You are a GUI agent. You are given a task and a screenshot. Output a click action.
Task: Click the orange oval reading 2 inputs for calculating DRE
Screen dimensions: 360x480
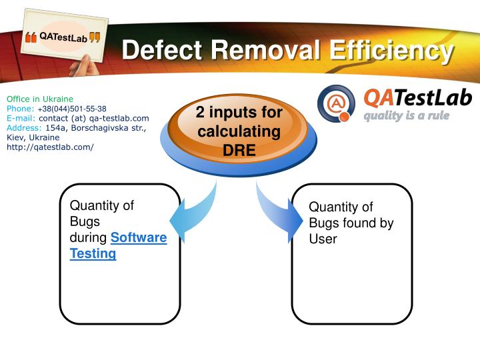(239, 131)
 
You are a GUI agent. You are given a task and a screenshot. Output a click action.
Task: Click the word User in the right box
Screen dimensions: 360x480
(323, 239)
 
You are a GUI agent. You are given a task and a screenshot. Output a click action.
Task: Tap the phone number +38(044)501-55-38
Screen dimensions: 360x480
(72, 109)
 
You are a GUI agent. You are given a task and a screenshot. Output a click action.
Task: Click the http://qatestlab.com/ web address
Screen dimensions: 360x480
(50, 147)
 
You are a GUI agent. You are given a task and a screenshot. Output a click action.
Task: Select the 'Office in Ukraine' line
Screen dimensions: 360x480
(40, 99)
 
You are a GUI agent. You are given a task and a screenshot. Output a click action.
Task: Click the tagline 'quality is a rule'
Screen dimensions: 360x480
(406, 115)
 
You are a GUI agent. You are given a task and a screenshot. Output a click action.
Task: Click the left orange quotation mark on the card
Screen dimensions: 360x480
(31, 38)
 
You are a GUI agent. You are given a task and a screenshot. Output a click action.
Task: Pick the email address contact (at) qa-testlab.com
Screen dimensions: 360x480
(94, 118)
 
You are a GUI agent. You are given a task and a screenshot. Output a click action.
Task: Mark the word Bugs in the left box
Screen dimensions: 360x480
(85, 221)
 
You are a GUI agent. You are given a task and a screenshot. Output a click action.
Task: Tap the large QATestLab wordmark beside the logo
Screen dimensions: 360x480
(417, 98)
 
